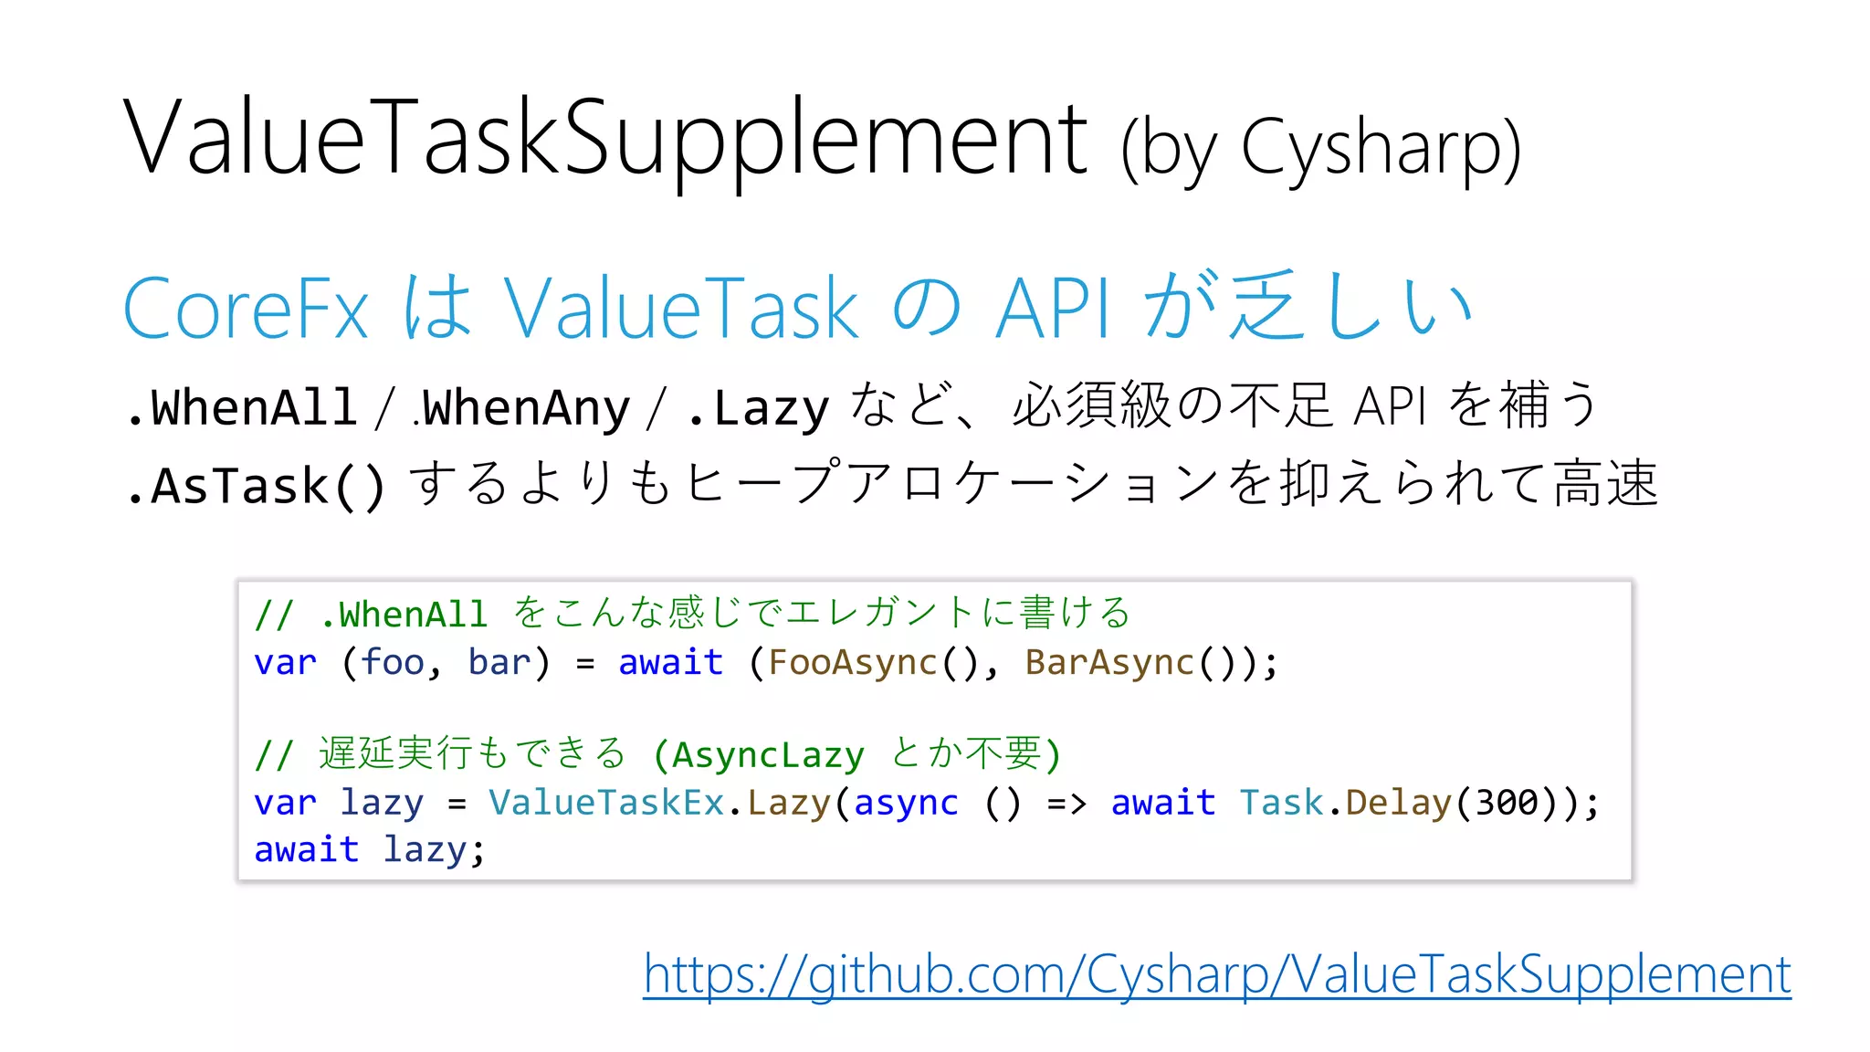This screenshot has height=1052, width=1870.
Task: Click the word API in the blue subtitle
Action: (1054, 309)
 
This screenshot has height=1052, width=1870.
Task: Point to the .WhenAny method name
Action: (522, 408)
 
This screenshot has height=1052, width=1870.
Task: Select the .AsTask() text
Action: (257, 485)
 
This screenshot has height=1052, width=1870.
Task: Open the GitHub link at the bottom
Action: (1216, 974)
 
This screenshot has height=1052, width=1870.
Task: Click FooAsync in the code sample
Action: (852, 662)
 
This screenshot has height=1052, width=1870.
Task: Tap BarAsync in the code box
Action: (1109, 662)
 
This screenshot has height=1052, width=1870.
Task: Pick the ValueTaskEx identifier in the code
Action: (606, 803)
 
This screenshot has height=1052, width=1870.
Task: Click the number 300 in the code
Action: (1507, 803)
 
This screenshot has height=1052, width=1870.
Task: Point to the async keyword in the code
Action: (906, 803)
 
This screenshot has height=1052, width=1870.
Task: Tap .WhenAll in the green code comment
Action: (404, 615)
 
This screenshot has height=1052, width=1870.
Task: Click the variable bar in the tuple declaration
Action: (499, 662)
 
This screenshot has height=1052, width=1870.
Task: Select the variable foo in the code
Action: (393, 662)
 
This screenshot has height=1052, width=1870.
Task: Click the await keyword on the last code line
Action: (306, 849)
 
